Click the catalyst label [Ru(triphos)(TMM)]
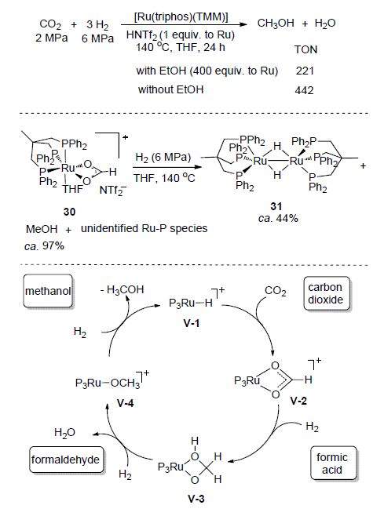click(181, 16)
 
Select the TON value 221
click(305, 71)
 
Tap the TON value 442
click(304, 90)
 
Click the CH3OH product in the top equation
click(276, 24)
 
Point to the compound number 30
click(69, 212)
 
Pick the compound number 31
click(276, 206)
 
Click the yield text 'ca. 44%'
click(278, 218)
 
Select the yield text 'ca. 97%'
click(45, 245)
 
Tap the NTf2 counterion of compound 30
click(113, 191)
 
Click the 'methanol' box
click(48, 291)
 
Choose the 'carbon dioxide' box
click(326, 293)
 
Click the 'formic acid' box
click(333, 463)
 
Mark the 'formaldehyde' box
click(65, 460)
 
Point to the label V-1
click(191, 324)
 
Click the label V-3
click(196, 499)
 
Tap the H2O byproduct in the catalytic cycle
click(65, 433)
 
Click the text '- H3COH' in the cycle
click(122, 290)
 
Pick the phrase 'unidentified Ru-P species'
click(144, 228)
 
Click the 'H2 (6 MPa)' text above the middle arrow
click(163, 158)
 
